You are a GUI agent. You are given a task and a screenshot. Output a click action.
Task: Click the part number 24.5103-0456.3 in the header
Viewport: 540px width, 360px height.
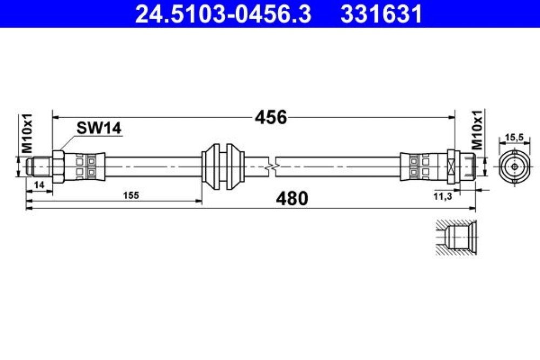[x=223, y=14]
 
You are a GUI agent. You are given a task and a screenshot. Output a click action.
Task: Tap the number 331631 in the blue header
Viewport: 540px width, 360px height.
[x=381, y=14]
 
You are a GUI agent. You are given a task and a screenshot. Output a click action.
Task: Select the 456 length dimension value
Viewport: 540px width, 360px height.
[x=271, y=118]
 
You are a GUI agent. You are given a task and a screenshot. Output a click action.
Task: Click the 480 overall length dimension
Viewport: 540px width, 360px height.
[x=292, y=199]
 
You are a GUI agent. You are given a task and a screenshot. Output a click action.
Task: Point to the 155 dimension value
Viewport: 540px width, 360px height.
[x=131, y=195]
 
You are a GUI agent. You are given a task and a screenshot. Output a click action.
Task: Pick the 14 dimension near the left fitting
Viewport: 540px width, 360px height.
[x=39, y=185]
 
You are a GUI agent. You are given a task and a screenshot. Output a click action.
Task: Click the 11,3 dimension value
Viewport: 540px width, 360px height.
[x=443, y=196]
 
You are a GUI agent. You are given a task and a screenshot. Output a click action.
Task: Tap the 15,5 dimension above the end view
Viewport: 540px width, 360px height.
[x=514, y=138]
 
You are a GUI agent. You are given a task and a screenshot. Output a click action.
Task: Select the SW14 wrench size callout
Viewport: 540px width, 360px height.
[x=99, y=128]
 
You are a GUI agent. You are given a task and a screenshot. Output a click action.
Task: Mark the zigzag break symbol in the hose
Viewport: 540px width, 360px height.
[x=272, y=168]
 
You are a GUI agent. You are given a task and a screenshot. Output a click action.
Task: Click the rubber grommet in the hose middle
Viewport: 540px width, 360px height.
[x=223, y=167]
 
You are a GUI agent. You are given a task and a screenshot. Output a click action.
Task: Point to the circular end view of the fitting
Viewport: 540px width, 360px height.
[x=515, y=167]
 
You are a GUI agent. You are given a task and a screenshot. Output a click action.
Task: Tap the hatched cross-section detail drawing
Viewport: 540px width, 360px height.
[x=456, y=237]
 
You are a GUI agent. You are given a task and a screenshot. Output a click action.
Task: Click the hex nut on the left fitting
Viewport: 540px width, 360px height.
[x=58, y=167]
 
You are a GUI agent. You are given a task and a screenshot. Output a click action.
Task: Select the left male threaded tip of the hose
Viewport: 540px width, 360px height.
[x=39, y=167]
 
